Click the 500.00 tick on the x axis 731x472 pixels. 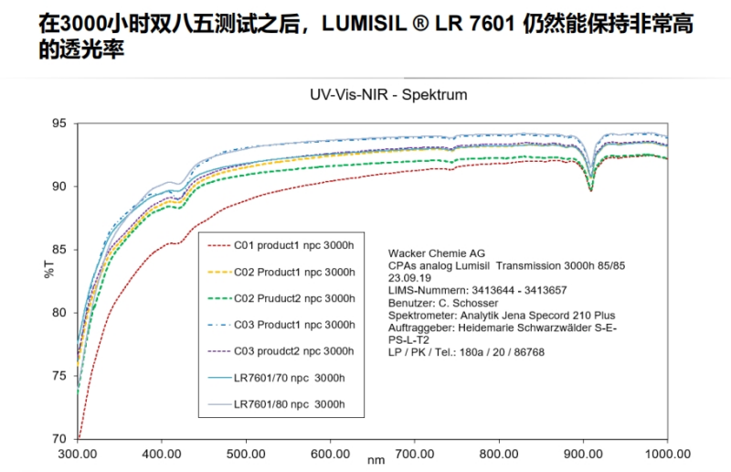246,453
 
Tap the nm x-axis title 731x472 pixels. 376,463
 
